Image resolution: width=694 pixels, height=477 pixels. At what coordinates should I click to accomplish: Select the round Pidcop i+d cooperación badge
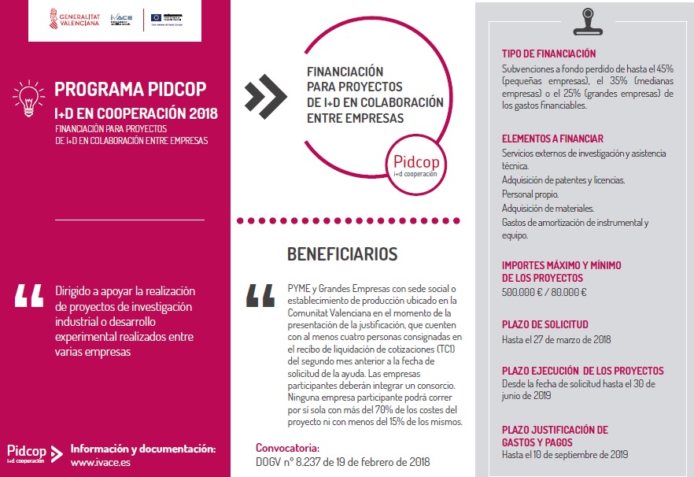[x=415, y=164]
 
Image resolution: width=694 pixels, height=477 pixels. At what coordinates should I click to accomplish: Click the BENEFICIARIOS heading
[x=342, y=254]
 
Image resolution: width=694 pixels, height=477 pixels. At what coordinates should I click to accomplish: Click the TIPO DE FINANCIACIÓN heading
[x=548, y=54]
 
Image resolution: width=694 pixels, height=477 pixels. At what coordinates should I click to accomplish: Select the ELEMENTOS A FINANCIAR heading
[x=552, y=139]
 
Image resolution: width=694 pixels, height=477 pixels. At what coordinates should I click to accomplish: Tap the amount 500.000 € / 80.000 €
[x=544, y=292]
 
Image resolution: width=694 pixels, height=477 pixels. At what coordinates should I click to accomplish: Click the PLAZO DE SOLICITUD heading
[x=544, y=324]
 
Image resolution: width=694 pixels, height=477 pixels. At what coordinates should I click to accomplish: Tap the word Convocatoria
[x=288, y=447]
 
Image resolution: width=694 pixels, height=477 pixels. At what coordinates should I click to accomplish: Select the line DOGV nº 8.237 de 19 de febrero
[x=343, y=461]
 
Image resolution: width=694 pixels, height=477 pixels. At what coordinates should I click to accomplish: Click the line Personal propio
[x=530, y=194]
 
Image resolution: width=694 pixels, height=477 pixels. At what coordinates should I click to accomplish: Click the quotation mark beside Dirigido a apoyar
[x=29, y=294]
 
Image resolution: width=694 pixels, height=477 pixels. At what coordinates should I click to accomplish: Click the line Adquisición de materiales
[x=548, y=209]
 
